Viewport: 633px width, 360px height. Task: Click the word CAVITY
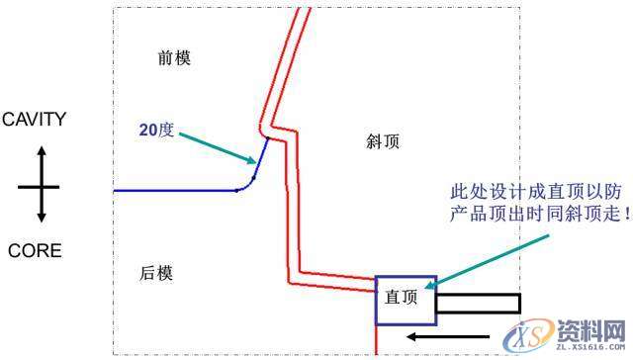point(34,120)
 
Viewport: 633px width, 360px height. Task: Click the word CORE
point(35,251)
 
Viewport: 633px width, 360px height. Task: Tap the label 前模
point(174,57)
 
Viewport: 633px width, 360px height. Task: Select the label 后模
point(157,273)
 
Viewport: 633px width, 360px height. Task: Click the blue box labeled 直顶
point(404,300)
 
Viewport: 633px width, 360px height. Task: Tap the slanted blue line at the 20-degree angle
point(260,158)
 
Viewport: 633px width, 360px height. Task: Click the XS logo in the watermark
point(529,330)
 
